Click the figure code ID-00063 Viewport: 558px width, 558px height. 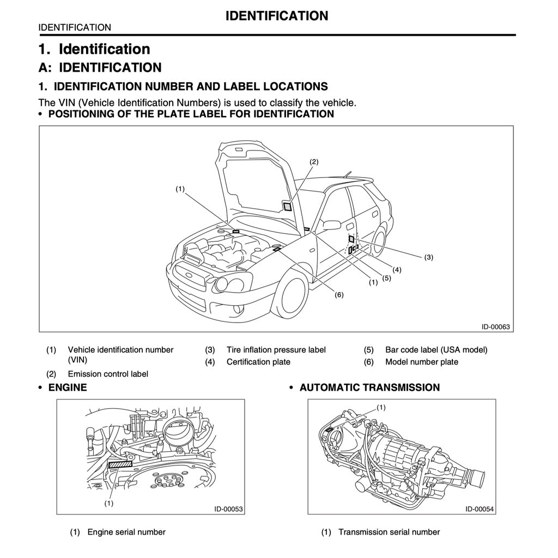(x=495, y=327)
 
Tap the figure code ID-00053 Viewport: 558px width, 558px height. (x=228, y=509)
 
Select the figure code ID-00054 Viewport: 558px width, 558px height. (x=480, y=509)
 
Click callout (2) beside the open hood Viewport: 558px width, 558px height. (x=314, y=162)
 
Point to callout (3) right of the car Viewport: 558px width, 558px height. (x=429, y=257)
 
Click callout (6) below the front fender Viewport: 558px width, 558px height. (x=339, y=295)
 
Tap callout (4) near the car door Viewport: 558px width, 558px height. (x=397, y=270)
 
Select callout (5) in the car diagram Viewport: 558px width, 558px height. (x=386, y=278)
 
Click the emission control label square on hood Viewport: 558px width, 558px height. (x=287, y=205)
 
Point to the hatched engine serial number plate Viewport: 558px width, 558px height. (x=120, y=464)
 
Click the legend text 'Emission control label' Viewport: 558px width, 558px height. (x=108, y=374)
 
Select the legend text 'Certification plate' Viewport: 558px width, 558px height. (x=258, y=362)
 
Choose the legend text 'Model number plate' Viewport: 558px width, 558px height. (x=421, y=362)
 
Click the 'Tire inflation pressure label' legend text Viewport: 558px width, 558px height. (x=276, y=350)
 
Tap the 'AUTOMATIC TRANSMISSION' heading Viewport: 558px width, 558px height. (x=369, y=387)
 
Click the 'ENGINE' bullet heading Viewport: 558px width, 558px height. (x=68, y=387)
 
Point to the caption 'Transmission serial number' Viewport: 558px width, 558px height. (x=389, y=532)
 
